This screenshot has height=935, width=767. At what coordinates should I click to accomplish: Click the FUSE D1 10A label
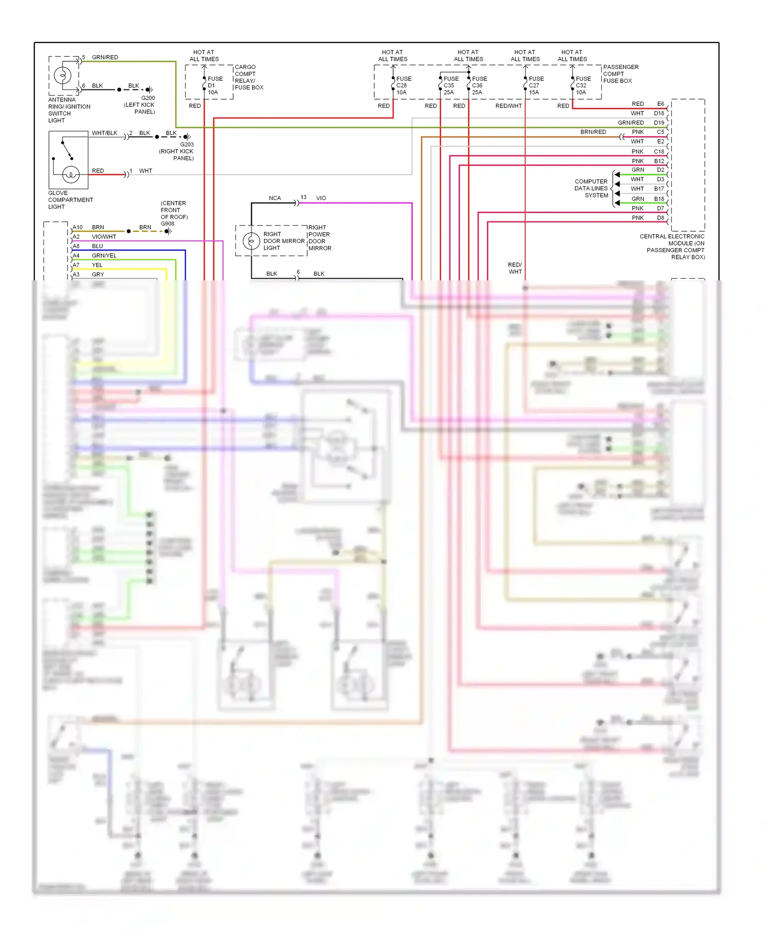pos(215,85)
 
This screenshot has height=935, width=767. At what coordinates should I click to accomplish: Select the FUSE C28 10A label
pos(403,85)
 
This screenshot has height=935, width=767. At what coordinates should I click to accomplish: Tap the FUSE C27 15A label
pos(536,85)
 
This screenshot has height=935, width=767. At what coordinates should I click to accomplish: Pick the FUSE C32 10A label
pos(583,85)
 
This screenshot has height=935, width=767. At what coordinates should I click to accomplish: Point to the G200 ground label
pos(148,98)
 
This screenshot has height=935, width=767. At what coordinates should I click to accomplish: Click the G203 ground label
pos(187,144)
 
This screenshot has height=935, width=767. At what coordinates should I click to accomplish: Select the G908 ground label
pos(167,224)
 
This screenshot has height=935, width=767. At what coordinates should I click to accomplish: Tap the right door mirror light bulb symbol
pos(251,241)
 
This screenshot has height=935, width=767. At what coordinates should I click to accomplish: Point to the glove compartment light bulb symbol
pos(71,175)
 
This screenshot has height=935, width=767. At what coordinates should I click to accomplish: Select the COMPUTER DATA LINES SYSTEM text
pos(592,188)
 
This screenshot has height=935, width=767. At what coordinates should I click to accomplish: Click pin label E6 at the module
pos(660,104)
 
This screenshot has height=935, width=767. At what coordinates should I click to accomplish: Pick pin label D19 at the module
pos(659,123)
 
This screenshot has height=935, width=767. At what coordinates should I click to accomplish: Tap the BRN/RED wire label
pos(593,132)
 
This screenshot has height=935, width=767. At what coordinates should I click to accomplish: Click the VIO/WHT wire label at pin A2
pos(104,237)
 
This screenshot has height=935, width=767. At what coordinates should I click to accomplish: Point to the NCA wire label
pos(275,198)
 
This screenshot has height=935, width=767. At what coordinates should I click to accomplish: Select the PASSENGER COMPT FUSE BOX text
pos(620,74)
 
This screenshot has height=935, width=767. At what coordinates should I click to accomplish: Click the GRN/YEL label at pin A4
pos(104,256)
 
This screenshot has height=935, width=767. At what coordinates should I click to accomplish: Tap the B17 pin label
pos(659,189)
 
